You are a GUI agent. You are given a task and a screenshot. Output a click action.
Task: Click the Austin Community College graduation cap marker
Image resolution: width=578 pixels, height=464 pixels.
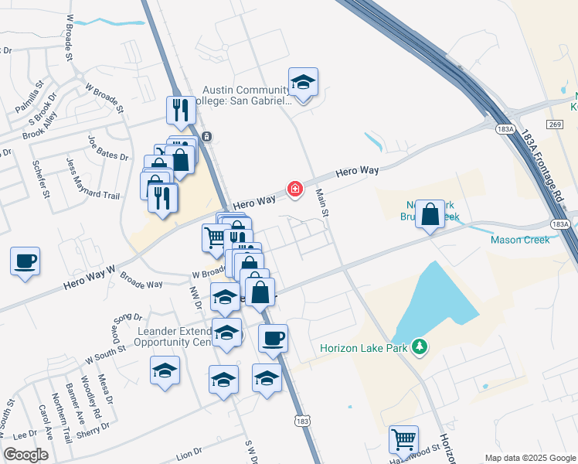[304, 83]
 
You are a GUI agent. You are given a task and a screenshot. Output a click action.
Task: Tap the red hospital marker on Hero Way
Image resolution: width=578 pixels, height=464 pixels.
[294, 189]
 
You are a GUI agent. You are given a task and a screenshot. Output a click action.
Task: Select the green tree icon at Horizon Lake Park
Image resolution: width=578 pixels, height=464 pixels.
[420, 346]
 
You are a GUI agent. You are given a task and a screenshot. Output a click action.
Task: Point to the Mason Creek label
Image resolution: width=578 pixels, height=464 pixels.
[520, 240]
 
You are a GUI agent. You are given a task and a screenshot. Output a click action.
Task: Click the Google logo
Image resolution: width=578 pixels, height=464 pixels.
[25, 455]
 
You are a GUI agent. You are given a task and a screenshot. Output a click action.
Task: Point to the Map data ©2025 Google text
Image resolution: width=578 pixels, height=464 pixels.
[529, 458]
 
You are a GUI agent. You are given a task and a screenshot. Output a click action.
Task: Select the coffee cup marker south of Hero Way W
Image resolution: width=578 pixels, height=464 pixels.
[25, 261]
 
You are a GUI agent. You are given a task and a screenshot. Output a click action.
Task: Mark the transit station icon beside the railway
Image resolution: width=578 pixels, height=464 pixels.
[206, 137]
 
